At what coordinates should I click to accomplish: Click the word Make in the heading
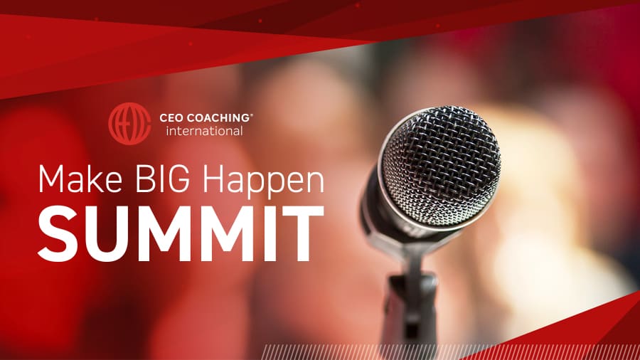80,179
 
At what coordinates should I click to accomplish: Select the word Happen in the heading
264,182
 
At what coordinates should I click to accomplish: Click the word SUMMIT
181,233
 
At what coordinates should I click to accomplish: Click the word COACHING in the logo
218,118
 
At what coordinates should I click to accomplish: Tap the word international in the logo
204,131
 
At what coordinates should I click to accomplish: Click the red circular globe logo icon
129,124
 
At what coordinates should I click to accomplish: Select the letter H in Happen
214,179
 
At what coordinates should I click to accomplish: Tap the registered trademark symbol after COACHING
251,115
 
